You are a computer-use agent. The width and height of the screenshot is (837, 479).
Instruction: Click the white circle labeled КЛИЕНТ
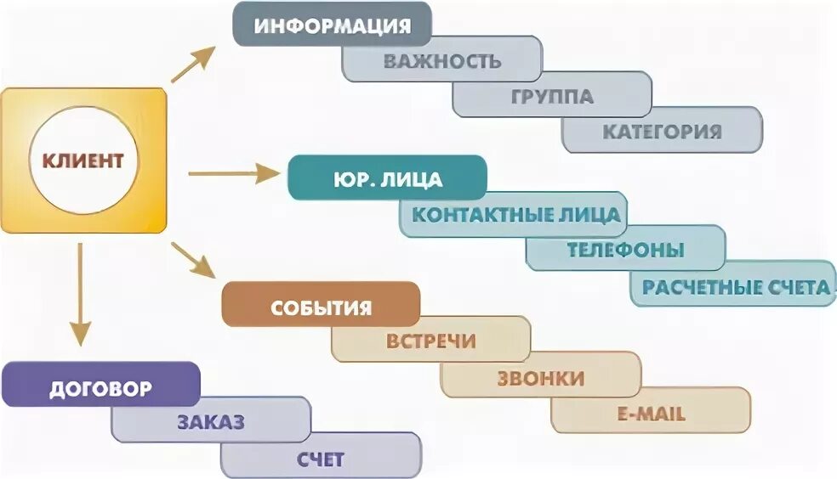coord(83,160)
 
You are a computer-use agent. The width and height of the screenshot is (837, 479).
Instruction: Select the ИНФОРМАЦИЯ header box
coord(332,25)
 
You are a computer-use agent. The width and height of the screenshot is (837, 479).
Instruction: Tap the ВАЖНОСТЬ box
coord(441,61)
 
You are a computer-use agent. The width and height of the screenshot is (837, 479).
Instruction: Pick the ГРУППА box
coord(552,96)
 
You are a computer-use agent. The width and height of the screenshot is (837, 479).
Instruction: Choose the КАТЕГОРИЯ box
coord(662,132)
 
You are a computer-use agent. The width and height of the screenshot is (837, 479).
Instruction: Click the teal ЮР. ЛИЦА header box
coord(387,180)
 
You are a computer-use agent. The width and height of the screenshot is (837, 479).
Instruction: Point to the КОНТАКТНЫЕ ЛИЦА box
coord(515,215)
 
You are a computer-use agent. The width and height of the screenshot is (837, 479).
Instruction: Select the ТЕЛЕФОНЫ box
coord(626,251)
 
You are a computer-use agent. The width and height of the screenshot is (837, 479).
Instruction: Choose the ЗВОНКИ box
coord(540,378)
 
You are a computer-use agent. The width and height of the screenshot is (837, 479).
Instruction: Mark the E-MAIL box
coord(651,414)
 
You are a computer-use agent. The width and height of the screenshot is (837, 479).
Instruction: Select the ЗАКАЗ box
coord(211,423)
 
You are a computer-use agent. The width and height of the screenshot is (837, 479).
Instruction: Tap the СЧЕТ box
coord(321,459)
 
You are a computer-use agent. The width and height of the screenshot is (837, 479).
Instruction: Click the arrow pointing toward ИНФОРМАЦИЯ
coord(192,65)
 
